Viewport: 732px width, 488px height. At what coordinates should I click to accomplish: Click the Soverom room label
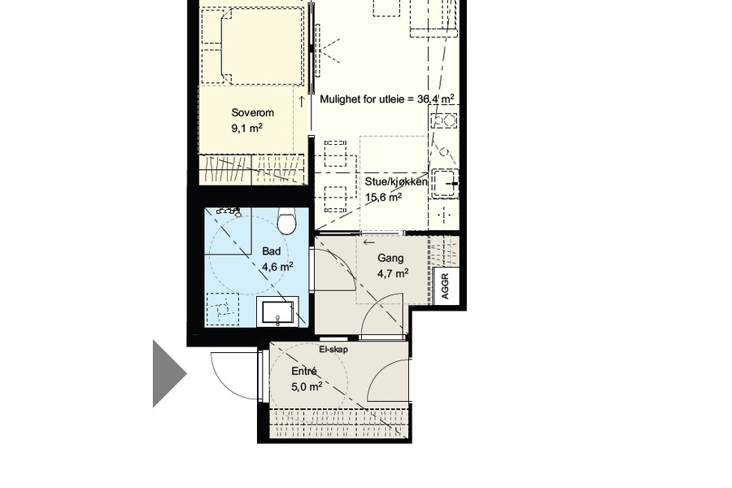253,112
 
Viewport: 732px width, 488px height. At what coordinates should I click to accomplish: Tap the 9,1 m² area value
247,128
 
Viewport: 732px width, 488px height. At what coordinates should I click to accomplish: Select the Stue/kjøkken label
396,181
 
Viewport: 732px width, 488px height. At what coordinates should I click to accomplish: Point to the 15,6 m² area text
383,197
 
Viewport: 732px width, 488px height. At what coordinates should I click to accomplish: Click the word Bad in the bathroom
271,251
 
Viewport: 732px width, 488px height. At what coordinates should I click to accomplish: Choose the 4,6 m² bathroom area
277,267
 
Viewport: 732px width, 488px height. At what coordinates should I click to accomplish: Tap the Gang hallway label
390,258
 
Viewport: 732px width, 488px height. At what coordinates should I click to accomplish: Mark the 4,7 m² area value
393,273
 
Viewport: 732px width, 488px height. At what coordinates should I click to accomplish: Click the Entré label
304,371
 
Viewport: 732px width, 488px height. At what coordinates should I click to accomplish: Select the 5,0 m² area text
307,386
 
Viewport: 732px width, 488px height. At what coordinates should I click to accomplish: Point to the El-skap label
333,349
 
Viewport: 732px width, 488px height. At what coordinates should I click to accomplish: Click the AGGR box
445,285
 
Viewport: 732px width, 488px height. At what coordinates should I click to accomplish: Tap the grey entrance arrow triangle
169,373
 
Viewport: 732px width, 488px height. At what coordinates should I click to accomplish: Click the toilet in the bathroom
286,221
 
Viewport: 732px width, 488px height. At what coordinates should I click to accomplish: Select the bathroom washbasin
277,311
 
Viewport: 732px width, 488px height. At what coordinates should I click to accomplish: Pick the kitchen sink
445,183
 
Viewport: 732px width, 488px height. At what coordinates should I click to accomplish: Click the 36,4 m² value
436,99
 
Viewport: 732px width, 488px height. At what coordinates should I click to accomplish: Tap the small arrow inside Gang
369,242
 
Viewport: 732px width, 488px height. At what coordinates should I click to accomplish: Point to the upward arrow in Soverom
302,102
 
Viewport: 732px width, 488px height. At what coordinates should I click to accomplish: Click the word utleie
392,99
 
